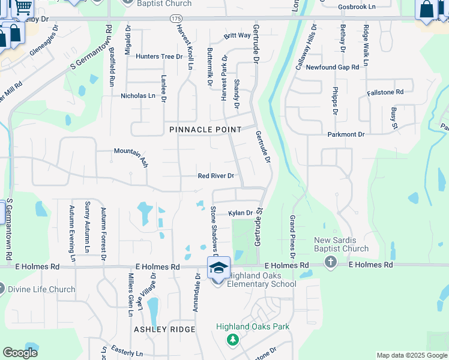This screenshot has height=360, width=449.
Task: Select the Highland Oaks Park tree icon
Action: click(x=232, y=340)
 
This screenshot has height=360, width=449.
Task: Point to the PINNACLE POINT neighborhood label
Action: click(x=205, y=130)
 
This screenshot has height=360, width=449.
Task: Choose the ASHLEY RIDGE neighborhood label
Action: click(x=164, y=329)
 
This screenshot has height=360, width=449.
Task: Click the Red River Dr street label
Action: click(x=215, y=176)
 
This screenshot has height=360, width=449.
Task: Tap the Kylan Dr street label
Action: click(x=240, y=213)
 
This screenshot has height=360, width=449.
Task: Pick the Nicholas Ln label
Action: click(x=138, y=95)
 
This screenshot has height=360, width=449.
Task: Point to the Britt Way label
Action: click(x=237, y=36)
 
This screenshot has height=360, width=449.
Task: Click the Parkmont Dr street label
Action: click(x=346, y=134)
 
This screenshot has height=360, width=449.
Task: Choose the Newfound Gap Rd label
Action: click(x=332, y=67)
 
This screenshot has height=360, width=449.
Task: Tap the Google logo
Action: click(x=20, y=352)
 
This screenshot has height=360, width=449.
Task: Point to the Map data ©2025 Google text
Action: click(x=412, y=355)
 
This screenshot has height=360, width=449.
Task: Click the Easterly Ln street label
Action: click(x=126, y=353)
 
